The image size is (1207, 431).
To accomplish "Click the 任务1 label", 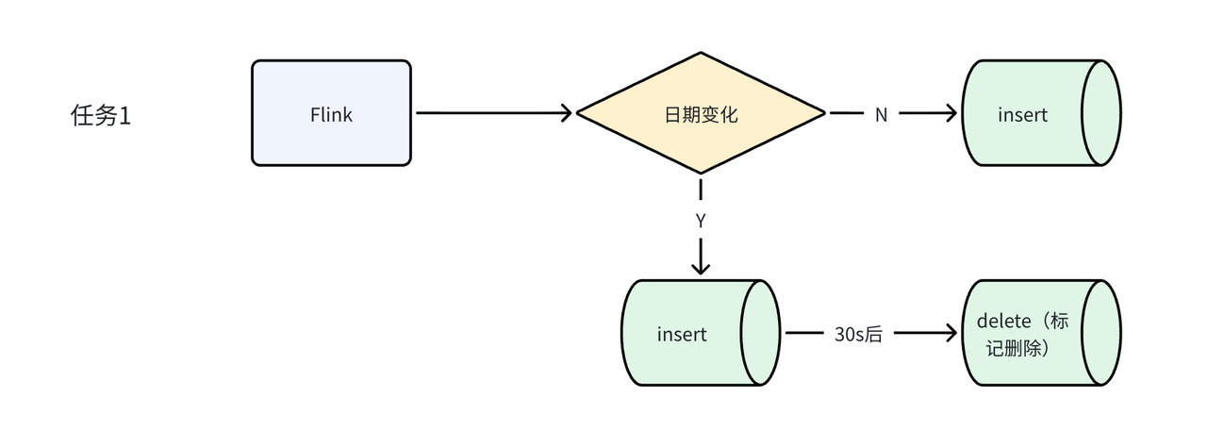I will (100, 116).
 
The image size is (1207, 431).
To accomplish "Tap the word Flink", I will (331, 115).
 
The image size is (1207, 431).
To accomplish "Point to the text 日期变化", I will (701, 115).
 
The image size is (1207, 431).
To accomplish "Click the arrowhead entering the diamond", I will (566, 113).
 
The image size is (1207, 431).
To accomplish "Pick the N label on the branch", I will (881, 114).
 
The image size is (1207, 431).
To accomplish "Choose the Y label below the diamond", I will (700, 223).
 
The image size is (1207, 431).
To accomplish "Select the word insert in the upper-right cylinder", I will (1022, 115).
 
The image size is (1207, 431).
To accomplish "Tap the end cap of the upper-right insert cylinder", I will (1100, 113).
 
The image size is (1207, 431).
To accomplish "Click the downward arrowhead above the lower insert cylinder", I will (700, 267).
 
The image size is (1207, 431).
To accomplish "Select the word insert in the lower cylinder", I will (682, 335).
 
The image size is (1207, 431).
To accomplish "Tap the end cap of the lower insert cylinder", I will (760, 333).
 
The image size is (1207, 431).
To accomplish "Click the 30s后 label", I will (858, 334).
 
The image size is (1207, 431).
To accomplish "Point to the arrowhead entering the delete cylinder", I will (949, 333).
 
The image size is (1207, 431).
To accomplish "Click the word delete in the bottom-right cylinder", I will (1002, 322).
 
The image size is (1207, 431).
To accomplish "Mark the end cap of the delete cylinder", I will (1100, 333).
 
